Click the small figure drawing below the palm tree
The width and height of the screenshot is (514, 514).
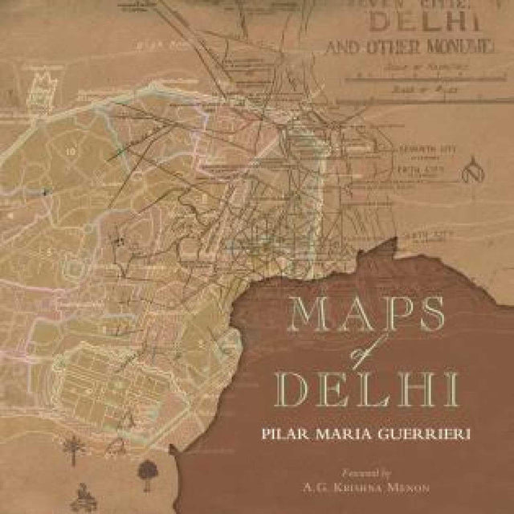(84, 491)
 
